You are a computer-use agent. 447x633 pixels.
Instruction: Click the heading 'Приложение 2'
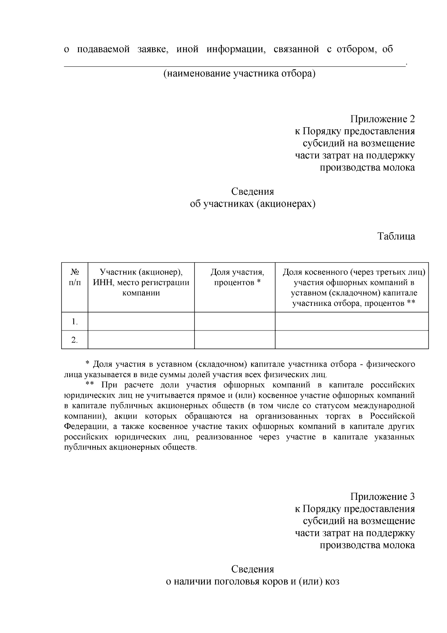pos(382,119)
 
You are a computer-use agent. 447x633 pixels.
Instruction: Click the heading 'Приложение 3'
pos(382,497)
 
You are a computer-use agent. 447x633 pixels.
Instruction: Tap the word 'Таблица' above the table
pos(396,236)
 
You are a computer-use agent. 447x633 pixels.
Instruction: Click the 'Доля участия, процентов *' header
pos(237,278)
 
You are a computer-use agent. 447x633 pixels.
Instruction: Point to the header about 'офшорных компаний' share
pos(354,288)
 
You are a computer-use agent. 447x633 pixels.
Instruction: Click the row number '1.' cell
pos(74,322)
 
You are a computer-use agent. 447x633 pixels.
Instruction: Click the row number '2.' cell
pos(74,340)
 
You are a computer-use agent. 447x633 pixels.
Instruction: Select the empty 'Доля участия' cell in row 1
pos(235,322)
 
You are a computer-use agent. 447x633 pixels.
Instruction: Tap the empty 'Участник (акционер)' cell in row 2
pos(141,340)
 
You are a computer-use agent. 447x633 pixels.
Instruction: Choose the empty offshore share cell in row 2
pos(352,340)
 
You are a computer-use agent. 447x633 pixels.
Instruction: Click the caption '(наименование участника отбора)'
pos(239,74)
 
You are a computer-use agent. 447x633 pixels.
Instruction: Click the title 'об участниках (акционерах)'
pos(253,204)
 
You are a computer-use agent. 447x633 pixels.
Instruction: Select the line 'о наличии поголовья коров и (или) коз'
pos(253,582)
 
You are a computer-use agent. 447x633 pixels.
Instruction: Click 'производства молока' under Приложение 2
pos(367,168)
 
